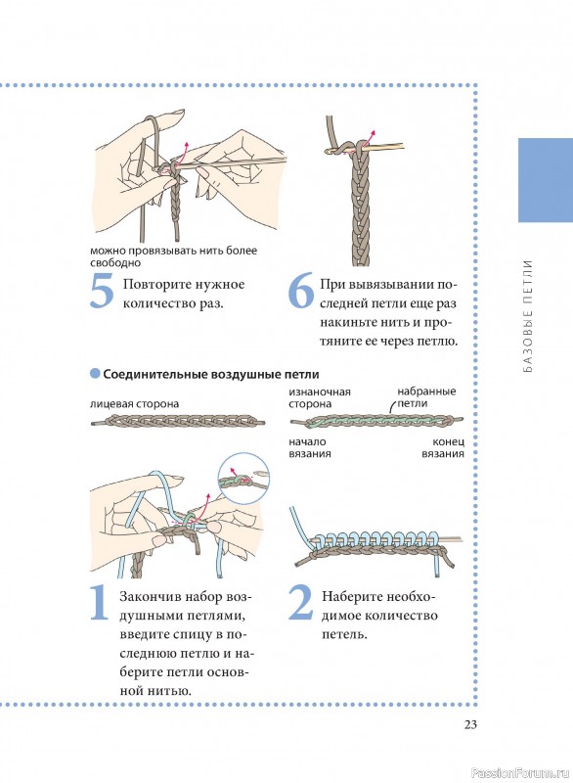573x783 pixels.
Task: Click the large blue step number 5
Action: [x=103, y=291]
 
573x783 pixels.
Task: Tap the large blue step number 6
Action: [x=301, y=291]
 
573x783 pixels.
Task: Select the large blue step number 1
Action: [x=99, y=603]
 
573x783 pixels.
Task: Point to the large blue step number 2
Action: [x=300, y=603]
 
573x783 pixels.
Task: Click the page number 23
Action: [x=470, y=724]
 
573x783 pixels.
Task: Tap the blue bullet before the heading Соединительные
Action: [x=95, y=374]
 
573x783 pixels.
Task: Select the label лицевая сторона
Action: [x=134, y=404]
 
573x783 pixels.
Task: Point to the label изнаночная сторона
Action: [x=319, y=398]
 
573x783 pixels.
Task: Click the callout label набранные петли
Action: [x=426, y=397]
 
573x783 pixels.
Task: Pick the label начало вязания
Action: [x=309, y=448]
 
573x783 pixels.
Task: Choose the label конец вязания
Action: [x=443, y=448]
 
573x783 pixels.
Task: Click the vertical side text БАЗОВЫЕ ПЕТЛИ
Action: [x=528, y=316]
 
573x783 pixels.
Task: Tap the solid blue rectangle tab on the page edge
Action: [x=546, y=180]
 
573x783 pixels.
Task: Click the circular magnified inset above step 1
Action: [x=243, y=479]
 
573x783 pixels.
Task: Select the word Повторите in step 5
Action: [x=157, y=285]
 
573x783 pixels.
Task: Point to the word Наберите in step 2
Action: [x=352, y=597]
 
